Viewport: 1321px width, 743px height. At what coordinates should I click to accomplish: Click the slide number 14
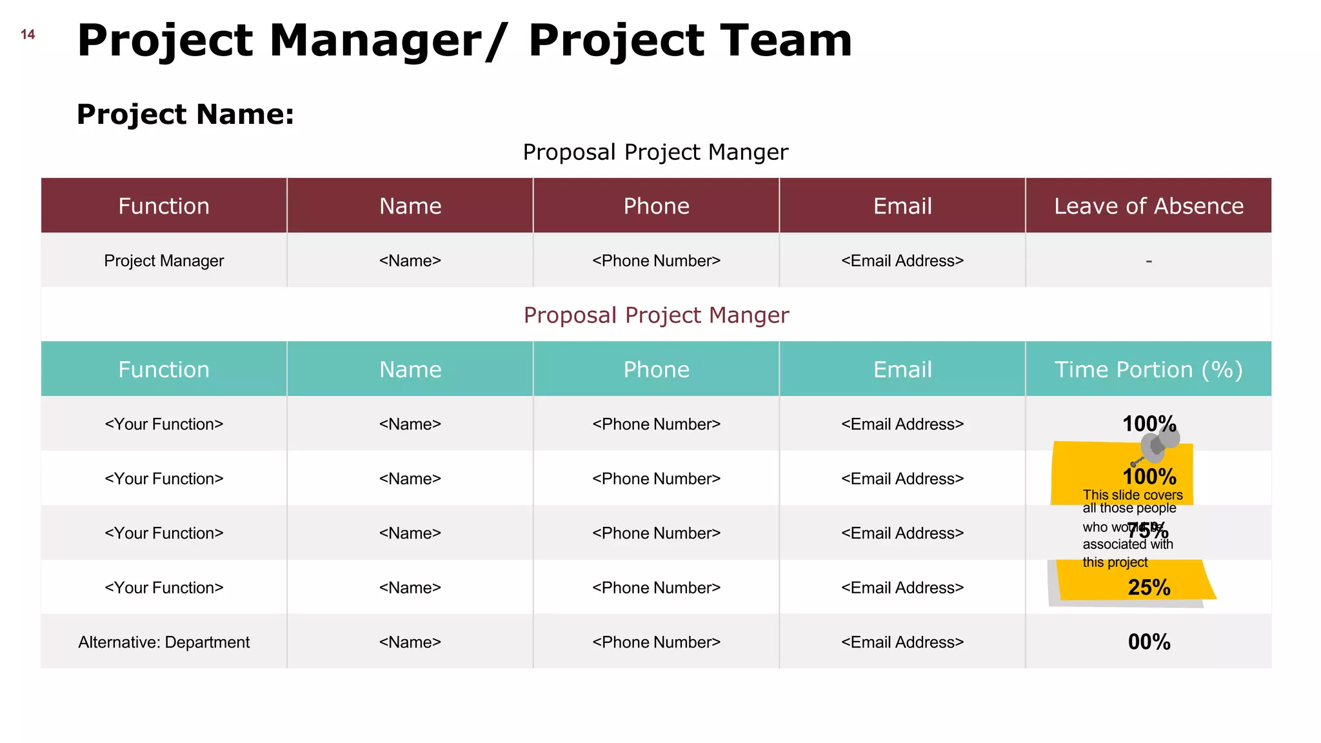tap(28, 35)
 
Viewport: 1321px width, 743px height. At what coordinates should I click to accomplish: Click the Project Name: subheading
tap(185, 115)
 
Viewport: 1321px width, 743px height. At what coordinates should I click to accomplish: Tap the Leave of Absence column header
tap(1148, 206)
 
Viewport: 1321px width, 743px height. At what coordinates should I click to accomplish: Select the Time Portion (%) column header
tap(1148, 370)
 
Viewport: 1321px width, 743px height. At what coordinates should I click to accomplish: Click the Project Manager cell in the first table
tap(164, 261)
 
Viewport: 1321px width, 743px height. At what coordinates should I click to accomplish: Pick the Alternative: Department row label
tap(164, 642)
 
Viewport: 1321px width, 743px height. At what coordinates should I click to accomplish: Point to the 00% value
tap(1149, 642)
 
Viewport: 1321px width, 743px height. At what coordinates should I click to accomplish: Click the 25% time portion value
tap(1149, 588)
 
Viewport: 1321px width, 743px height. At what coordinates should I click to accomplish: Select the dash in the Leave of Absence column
tap(1149, 261)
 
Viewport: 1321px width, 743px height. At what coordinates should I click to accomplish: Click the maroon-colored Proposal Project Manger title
tap(656, 315)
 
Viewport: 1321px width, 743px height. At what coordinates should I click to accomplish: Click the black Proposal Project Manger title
tap(655, 152)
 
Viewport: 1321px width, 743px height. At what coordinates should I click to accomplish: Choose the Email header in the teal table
tap(902, 370)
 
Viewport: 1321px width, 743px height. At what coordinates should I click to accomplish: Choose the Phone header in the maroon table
tap(656, 206)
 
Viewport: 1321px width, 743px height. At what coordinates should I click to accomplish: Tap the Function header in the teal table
tap(164, 370)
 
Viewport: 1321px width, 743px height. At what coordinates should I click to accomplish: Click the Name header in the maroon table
tap(410, 206)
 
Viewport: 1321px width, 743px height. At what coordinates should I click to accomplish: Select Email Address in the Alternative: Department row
tap(902, 642)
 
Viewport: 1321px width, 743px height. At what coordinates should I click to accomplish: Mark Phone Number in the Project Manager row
tap(656, 261)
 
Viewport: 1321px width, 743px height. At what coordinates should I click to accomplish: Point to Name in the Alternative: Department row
tap(410, 642)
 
